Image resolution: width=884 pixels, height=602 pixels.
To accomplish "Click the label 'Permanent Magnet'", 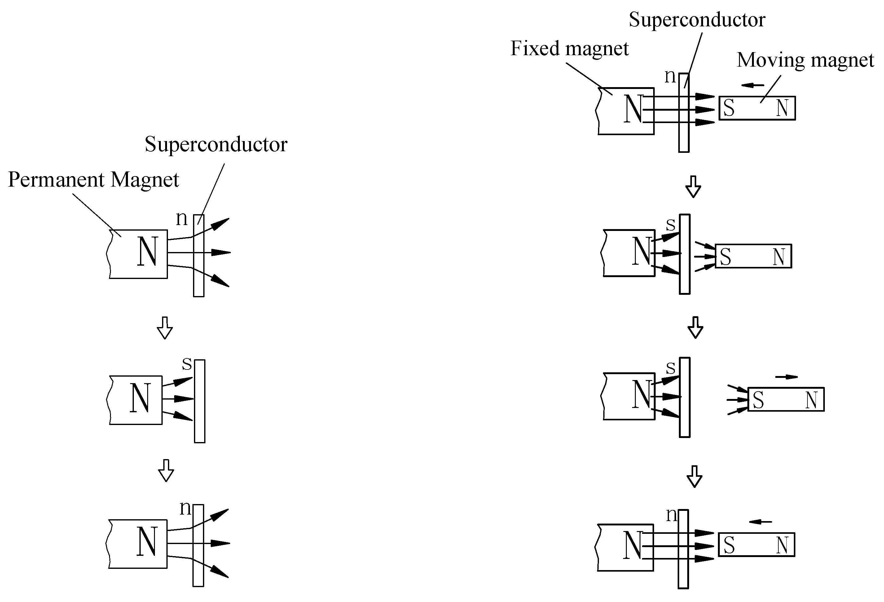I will pyautogui.click(x=93, y=179).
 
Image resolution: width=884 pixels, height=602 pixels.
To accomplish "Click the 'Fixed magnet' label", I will pyautogui.click(x=569, y=49).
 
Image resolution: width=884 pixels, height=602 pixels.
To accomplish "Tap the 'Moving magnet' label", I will pyautogui.click(x=805, y=60).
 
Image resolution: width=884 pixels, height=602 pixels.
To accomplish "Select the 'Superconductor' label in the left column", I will pyautogui.click(x=216, y=144).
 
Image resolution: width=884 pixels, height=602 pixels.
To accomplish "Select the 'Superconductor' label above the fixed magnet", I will pyautogui.click(x=697, y=20).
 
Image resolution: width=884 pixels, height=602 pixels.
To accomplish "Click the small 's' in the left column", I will pyautogui.click(x=187, y=364).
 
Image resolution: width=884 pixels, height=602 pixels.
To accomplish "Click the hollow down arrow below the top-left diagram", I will pyautogui.click(x=165, y=328).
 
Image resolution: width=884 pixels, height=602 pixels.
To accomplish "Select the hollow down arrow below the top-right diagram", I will pyautogui.click(x=693, y=187).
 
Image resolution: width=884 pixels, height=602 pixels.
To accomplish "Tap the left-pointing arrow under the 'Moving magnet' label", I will pyautogui.click(x=752, y=85).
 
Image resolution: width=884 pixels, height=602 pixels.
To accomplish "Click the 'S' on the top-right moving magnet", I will pyautogui.click(x=728, y=108).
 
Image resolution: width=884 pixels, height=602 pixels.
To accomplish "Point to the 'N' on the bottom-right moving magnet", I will pyautogui.click(x=782, y=545).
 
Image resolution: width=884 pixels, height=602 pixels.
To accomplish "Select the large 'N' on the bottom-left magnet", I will pyautogui.click(x=147, y=542).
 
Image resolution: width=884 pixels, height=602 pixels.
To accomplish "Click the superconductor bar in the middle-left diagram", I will pyautogui.click(x=200, y=401).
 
